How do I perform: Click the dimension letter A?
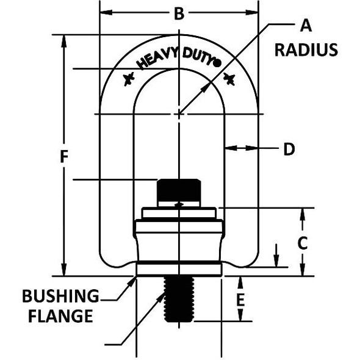(x=306, y=25)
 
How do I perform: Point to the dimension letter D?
(x=289, y=149)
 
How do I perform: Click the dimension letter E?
(x=240, y=300)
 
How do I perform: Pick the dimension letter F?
(x=63, y=157)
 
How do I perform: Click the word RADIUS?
(x=306, y=49)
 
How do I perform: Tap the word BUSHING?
(x=60, y=296)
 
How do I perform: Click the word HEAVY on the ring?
(x=156, y=59)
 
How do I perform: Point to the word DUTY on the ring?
(x=198, y=57)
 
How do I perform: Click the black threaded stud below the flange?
(x=179, y=299)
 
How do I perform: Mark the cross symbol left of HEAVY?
(x=129, y=79)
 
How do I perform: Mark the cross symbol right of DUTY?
(x=229, y=77)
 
